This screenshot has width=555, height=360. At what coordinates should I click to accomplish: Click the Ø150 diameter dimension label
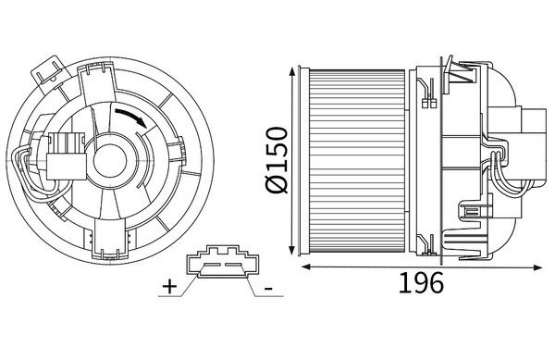[277, 160]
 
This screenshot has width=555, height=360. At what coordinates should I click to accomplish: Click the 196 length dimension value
[421, 282]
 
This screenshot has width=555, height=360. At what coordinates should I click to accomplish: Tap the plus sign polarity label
[169, 286]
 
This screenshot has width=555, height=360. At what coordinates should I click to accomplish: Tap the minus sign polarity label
[268, 289]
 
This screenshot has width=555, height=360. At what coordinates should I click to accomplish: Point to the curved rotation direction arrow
[131, 117]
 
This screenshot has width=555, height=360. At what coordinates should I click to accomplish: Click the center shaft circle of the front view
[110, 161]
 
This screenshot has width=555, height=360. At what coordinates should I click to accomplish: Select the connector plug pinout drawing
[222, 262]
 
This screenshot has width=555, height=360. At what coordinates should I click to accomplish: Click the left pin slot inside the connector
[212, 265]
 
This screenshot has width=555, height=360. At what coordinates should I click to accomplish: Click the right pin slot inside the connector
[233, 265]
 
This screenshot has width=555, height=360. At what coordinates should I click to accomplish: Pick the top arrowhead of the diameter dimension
[292, 70]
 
